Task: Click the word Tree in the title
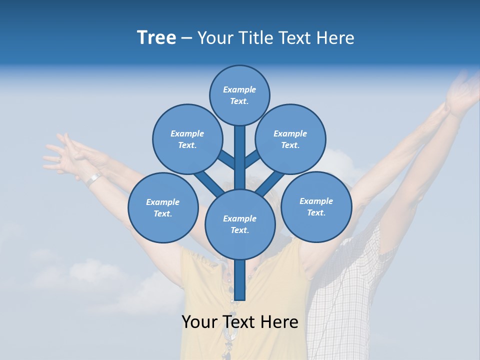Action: [x=156, y=38]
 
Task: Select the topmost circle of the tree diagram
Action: [x=239, y=95]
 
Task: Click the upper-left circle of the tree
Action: [x=187, y=139]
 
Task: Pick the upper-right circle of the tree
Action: [x=290, y=139]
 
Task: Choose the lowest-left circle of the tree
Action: [x=163, y=207]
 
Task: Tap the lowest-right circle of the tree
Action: [x=316, y=206]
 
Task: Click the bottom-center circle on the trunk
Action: [x=240, y=224]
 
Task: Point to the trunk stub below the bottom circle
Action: [x=240, y=280]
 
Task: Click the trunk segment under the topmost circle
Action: [x=240, y=157]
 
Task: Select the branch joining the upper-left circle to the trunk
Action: [x=226, y=159]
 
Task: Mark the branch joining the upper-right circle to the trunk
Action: [x=253, y=159]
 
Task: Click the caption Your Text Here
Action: [x=240, y=322]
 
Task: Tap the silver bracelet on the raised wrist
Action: [x=93, y=178]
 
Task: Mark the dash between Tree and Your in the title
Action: [x=187, y=38]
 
